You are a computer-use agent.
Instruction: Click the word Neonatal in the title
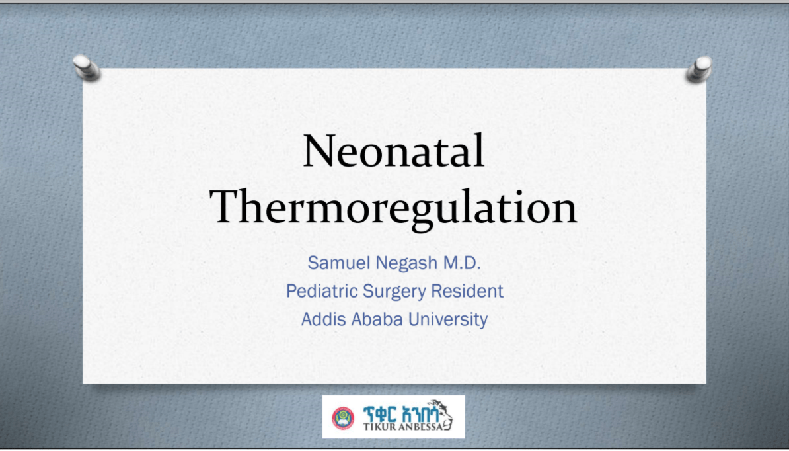(394, 151)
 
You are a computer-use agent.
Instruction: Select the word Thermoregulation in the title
(394, 207)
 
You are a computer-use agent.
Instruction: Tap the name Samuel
(335, 263)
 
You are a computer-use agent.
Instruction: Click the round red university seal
(343, 417)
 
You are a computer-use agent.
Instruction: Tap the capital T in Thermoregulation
(228, 207)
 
